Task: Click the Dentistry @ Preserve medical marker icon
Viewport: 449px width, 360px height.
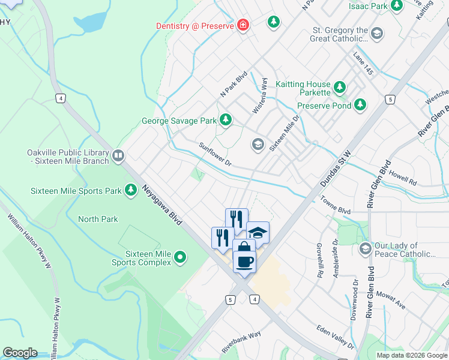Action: tap(243, 25)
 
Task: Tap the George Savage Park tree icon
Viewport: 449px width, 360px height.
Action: tap(226, 121)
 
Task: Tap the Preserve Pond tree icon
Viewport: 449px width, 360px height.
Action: tap(360, 106)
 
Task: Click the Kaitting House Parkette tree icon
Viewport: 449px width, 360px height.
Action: tap(340, 88)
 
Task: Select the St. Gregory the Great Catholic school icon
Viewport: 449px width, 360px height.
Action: tap(377, 34)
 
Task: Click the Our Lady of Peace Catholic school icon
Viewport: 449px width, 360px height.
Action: tap(364, 248)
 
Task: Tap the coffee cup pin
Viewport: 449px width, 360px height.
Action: tap(244, 262)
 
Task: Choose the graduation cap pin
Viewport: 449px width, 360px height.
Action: tap(258, 232)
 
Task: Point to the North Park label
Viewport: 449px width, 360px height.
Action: tap(98, 219)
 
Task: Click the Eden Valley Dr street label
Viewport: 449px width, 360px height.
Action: tap(335, 337)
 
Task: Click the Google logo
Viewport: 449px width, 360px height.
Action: tap(20, 353)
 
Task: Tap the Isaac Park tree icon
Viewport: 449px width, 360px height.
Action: tap(396, 6)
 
